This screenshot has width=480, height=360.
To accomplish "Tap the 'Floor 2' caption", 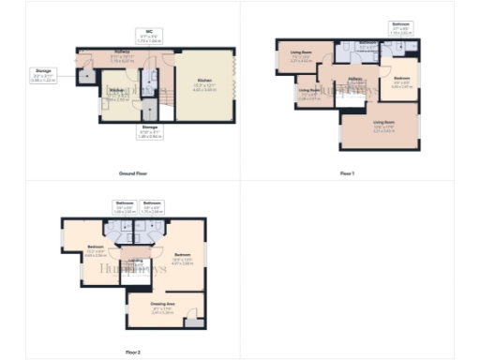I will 133,352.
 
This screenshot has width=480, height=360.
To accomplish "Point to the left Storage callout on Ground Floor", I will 44,76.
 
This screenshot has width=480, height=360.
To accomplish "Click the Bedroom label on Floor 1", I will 401,81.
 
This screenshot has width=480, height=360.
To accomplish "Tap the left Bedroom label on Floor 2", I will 95,250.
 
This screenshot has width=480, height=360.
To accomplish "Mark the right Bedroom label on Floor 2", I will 183,257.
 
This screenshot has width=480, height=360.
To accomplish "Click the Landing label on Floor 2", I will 135,262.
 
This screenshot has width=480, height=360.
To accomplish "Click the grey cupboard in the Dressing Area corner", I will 193,322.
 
